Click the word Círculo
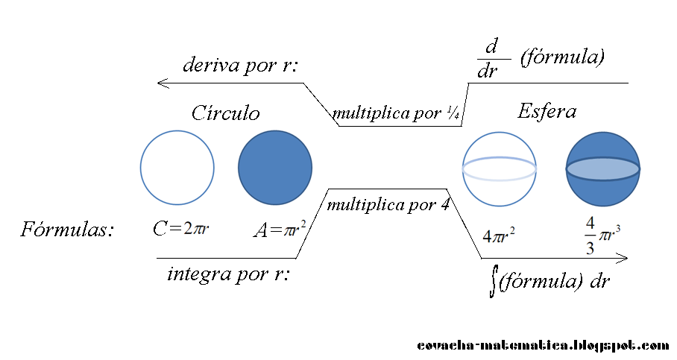pyautogui.click(x=225, y=113)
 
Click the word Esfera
pyautogui.click(x=547, y=112)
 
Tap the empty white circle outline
pyautogui.click(x=177, y=168)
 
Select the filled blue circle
pyautogui.click(x=274, y=168)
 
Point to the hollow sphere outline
pyautogui.click(x=499, y=168)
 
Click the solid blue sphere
pyautogui.click(x=602, y=169)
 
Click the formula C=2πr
pyautogui.click(x=181, y=229)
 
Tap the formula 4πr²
pyautogui.click(x=499, y=236)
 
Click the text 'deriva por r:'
pyautogui.click(x=240, y=66)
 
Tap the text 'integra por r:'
pyautogui.click(x=228, y=274)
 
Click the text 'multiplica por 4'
pyautogui.click(x=388, y=204)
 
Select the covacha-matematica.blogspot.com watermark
pyautogui.click(x=543, y=346)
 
